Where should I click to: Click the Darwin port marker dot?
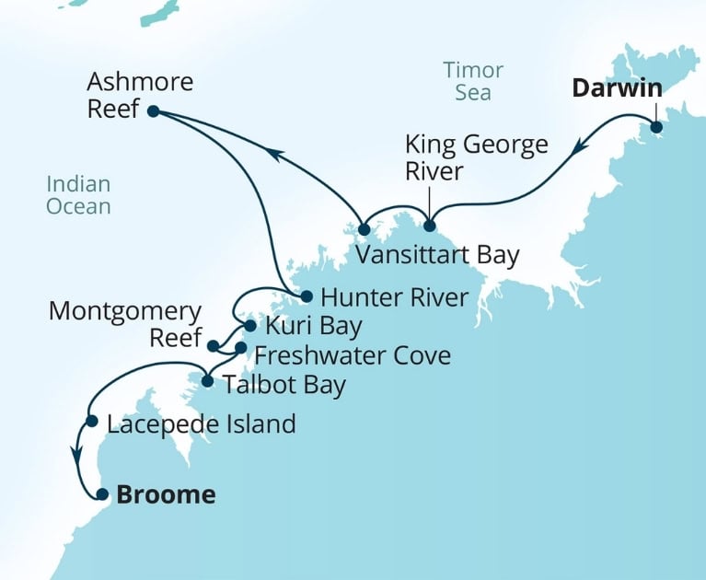tap(655, 128)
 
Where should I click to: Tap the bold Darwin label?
tap(617, 89)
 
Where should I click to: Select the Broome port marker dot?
tap(102, 494)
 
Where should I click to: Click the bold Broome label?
tap(166, 494)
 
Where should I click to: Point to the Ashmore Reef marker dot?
tap(153, 111)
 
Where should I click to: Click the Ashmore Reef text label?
tap(140, 96)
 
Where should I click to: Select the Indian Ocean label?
tap(78, 195)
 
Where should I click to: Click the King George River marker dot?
tap(429, 226)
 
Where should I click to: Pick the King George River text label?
tap(477, 157)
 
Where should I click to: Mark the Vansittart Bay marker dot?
tap(364, 228)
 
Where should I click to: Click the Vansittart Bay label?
tap(437, 255)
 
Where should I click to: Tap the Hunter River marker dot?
tap(307, 296)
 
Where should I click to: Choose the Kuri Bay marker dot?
tap(249, 325)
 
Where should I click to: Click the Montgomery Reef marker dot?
tap(213, 347)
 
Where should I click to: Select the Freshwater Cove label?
tap(352, 354)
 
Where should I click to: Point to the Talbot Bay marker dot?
tap(207, 381)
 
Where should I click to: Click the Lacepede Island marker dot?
tap(91, 422)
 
